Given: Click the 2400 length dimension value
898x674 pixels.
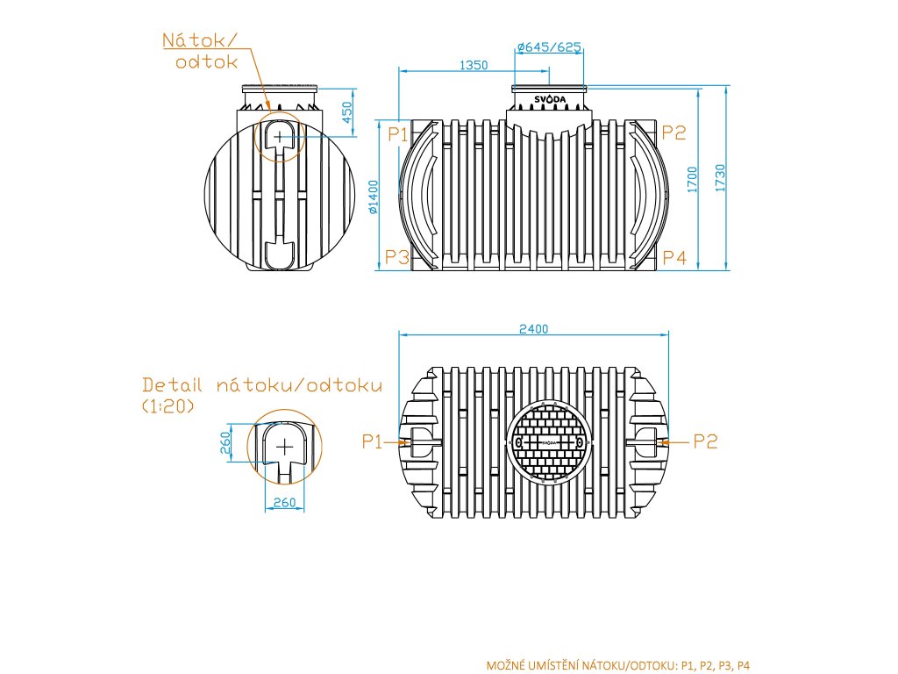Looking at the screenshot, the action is pos(533,329).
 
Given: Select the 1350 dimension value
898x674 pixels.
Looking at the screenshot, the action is pos(474,65).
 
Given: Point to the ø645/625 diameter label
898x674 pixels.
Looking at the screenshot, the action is pos(550,47).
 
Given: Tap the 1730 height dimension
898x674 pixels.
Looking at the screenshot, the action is pos(720,178).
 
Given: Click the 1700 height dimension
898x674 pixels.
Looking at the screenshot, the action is pos(693,179).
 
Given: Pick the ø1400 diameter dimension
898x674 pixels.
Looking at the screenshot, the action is pos(373,197).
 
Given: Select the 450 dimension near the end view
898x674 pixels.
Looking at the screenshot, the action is pos(347,112).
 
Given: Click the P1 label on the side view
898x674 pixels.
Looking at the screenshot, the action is pos(398,133).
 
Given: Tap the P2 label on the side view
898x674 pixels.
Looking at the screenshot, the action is pos(673,133).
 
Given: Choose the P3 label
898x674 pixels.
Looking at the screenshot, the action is pos(398,258).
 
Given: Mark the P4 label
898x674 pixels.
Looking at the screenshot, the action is pos(673,258).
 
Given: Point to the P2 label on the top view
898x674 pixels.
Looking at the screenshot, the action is pos(705,441).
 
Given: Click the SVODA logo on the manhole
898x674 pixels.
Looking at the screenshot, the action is pos(550,99).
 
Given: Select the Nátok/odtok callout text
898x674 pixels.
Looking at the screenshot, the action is pos(201,51).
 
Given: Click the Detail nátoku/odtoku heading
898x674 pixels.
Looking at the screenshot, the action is pos(262,385).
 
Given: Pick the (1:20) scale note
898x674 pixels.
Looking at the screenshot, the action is pos(167,406).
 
